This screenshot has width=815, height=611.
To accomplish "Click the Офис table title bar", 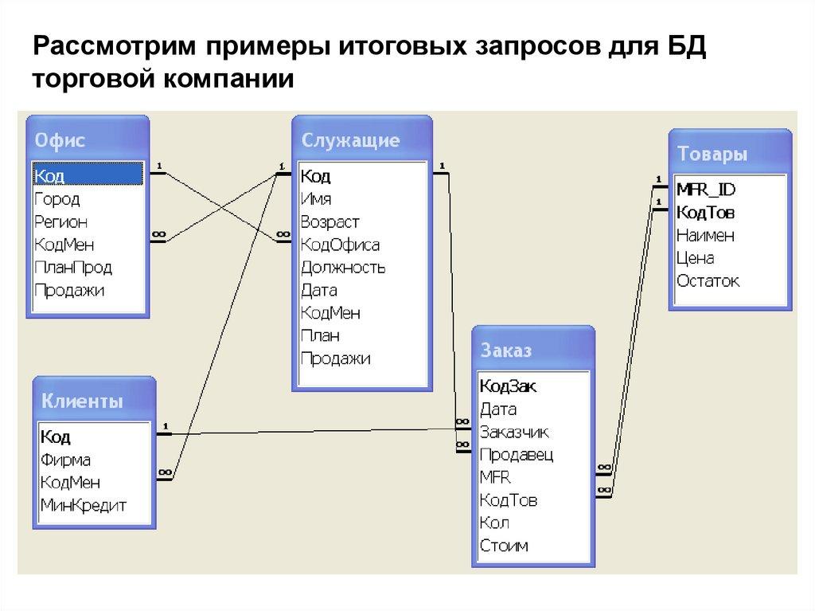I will coord(87,141).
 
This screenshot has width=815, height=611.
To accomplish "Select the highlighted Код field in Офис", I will coord(50,176).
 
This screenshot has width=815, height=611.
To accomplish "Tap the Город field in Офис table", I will coord(57,199).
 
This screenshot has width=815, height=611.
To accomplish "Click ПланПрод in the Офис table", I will coord(72,268).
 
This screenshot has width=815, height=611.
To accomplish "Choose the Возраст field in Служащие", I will coord(330,222).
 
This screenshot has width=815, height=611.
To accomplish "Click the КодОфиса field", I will coord(340,245).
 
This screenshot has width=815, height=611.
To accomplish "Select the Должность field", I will coord(343,268).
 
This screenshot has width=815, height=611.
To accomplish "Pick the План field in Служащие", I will coord(319,336).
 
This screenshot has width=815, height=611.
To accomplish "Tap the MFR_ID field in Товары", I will coord(706,190).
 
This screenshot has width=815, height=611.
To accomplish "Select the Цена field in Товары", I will coord(695,258).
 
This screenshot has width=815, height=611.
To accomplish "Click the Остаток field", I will coord(708,281).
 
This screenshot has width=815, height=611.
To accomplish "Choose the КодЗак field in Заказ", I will coord(508,386).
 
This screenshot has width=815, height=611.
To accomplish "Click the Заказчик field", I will coord(514,432).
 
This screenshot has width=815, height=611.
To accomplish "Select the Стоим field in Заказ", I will coord(504,546).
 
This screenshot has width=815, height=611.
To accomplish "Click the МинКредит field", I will coord(83,505).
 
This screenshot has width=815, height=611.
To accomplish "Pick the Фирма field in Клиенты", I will coord(65,460).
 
